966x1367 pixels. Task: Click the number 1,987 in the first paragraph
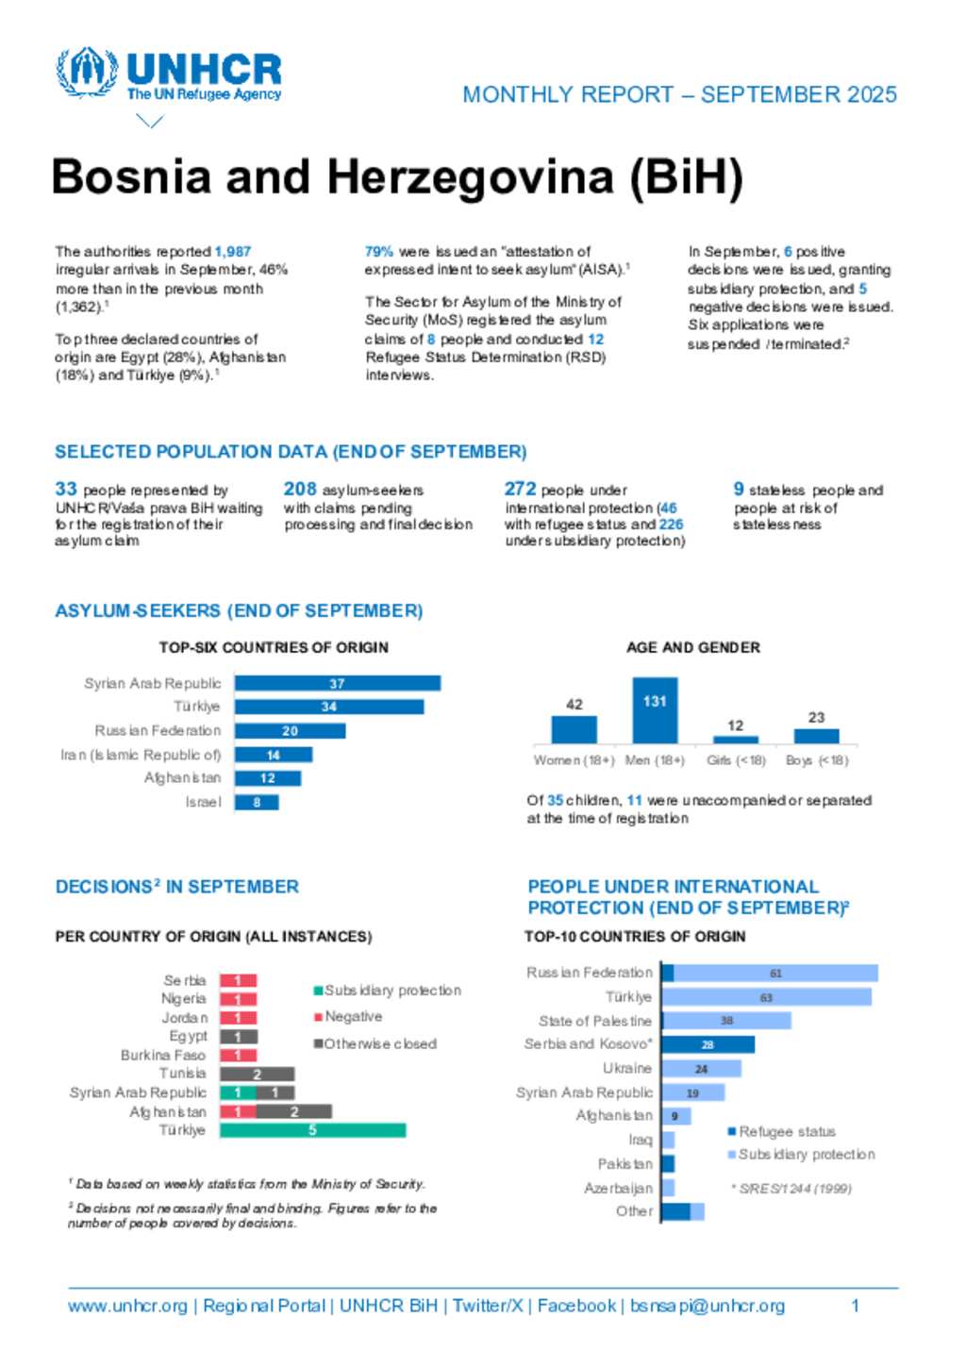click(x=233, y=252)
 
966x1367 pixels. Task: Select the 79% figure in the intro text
click(x=378, y=252)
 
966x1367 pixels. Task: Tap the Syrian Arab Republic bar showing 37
click(x=337, y=683)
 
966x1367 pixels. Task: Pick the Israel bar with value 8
click(x=257, y=803)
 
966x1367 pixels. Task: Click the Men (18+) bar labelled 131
click(x=655, y=710)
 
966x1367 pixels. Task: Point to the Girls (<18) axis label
click(x=736, y=760)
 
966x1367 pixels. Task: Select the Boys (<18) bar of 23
click(x=816, y=736)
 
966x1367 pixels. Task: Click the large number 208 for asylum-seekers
click(x=300, y=489)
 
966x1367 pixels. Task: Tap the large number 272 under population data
click(x=520, y=489)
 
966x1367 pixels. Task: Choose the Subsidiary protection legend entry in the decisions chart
click(x=387, y=991)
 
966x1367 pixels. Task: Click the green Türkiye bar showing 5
click(x=312, y=1130)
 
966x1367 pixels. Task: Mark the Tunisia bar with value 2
click(x=257, y=1075)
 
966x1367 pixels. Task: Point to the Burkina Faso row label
click(x=163, y=1056)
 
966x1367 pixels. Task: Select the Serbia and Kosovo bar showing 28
click(x=708, y=1044)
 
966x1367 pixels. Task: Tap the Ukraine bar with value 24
click(x=701, y=1069)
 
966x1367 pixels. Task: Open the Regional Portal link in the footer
click(x=264, y=1306)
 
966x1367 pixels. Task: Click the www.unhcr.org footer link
click(x=127, y=1306)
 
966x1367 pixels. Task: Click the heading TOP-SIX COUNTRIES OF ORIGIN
click(x=274, y=647)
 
